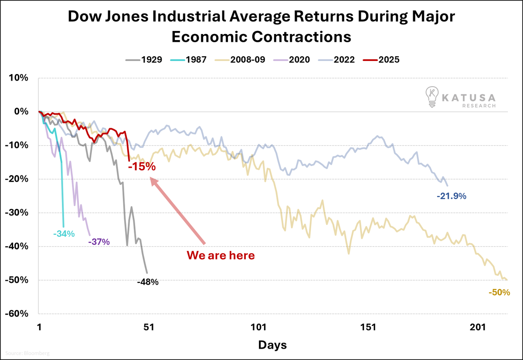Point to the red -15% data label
[x=142, y=166]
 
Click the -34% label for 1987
[x=64, y=234]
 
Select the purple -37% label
[x=98, y=242]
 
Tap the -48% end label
[x=147, y=282]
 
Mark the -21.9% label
[x=452, y=197]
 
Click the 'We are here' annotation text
[x=221, y=255]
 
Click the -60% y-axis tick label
[x=17, y=314]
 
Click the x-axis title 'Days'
[x=272, y=345]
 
